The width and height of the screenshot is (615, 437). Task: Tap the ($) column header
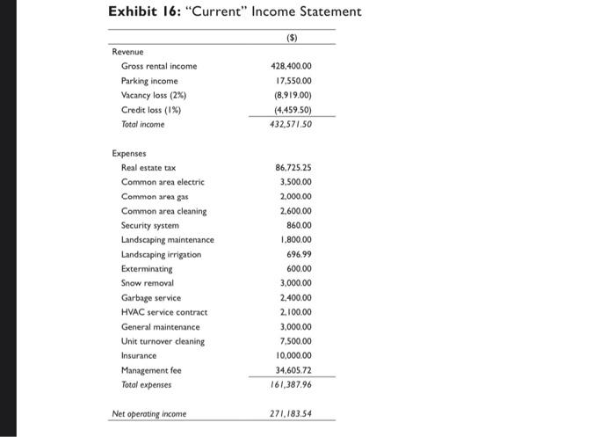[291, 39]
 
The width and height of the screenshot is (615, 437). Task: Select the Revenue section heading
[128, 52]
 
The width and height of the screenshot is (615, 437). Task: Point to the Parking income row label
[149, 81]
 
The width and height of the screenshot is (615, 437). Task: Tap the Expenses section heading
[130, 153]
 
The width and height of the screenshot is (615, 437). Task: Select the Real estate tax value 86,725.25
[293, 167]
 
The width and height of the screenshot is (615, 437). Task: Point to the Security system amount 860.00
[299, 225]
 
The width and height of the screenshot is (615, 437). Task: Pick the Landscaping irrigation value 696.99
[299, 254]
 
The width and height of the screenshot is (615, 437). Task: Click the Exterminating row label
[147, 268]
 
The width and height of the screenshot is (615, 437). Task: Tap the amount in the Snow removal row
[295, 283]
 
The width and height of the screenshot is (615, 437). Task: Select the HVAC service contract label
[165, 312]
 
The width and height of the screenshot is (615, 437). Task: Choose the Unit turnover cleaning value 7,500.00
[295, 341]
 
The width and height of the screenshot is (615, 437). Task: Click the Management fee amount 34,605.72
[293, 370]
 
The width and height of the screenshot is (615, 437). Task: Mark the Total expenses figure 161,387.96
[292, 384]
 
